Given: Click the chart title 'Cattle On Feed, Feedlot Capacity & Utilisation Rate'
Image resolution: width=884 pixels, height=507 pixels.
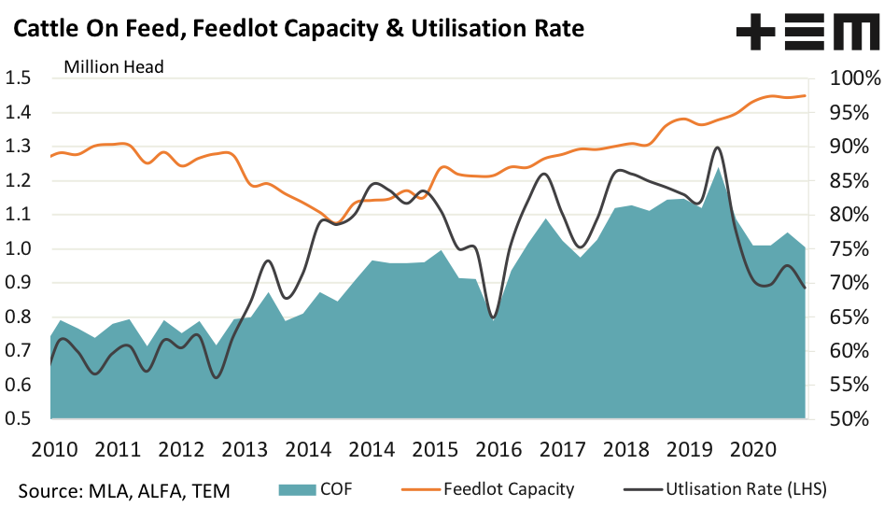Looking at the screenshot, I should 298,29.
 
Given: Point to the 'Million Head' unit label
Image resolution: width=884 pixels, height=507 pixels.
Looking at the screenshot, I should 113,66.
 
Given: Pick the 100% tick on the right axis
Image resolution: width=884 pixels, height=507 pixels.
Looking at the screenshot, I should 846,78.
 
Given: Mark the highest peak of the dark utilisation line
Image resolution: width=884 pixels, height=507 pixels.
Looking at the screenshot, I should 717,148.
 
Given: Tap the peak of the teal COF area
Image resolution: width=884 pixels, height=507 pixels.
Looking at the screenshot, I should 717,169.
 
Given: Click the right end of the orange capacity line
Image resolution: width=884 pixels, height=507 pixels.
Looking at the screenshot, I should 806,95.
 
